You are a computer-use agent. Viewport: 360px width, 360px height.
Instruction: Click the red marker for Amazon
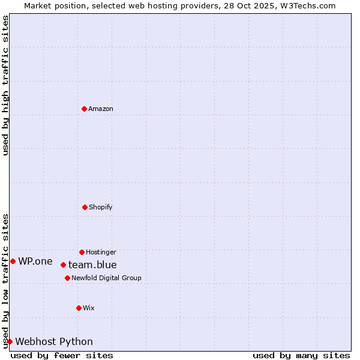pyautogui.click(x=84, y=109)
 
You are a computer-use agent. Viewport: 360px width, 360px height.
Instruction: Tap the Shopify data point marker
pyautogui.click(x=85, y=207)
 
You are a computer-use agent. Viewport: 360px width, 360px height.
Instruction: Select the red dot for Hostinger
pyautogui.click(x=82, y=252)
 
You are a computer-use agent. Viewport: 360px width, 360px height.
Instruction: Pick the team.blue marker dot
pyautogui.click(x=63, y=265)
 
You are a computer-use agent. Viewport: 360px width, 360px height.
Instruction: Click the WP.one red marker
pyautogui.click(x=13, y=261)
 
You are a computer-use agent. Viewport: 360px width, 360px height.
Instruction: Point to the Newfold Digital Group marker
pyautogui.click(x=67, y=278)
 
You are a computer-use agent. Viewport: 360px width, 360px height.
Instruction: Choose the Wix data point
pyautogui.click(x=79, y=308)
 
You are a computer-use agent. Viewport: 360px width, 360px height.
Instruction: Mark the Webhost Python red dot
pyautogui.click(x=10, y=341)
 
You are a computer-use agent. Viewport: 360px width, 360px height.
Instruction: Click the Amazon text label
pyautogui.click(x=101, y=109)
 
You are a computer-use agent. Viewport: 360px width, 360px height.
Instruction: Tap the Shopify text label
pyautogui.click(x=101, y=207)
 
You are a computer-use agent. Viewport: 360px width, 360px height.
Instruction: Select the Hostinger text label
pyautogui.click(x=101, y=252)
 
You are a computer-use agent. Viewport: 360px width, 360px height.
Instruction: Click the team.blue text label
pyautogui.click(x=92, y=265)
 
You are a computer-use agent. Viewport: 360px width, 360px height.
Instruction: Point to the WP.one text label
pyautogui.click(x=35, y=261)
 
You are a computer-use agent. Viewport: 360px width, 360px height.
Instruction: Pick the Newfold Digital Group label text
pyautogui.click(x=106, y=278)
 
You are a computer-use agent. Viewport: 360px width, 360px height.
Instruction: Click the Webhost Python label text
pyautogui.click(x=54, y=341)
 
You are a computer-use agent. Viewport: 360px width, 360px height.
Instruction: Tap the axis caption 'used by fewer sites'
pyautogui.click(x=62, y=355)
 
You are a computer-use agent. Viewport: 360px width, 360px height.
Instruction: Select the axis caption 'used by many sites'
pyautogui.click(x=301, y=355)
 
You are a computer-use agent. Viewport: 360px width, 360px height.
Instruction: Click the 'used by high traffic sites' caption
pyautogui.click(x=5, y=85)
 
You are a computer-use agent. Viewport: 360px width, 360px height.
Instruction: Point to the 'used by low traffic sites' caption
pyautogui.click(x=5, y=281)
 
